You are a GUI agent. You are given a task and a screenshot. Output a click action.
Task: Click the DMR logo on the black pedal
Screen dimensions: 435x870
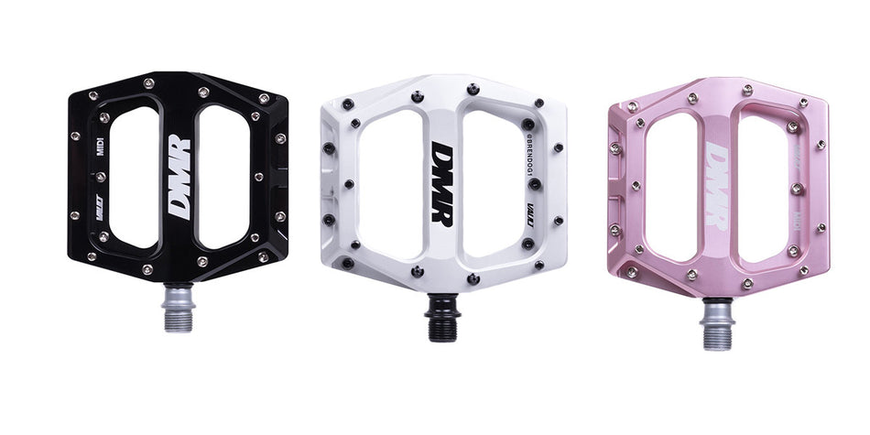coord(179,177)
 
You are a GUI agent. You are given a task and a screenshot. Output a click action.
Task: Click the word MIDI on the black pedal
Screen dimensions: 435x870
coord(101,147)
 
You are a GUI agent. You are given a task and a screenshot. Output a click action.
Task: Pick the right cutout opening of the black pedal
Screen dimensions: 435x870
coord(223,176)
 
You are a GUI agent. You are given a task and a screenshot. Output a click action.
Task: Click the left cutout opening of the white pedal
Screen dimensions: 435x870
coord(391,188)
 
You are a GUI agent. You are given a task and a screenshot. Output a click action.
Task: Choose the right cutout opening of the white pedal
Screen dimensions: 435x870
coord(491,188)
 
